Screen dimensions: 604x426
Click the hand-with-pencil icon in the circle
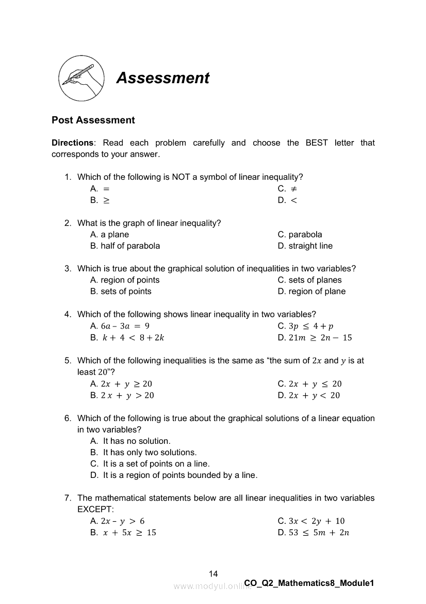(81, 79)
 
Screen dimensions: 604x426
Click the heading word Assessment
(163, 78)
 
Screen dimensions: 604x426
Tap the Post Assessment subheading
(93, 120)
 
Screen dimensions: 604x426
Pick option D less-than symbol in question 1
(294, 200)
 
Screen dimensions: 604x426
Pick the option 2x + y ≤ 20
(315, 384)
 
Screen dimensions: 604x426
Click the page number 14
(214, 574)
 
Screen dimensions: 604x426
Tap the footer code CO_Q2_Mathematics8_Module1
(309, 583)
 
